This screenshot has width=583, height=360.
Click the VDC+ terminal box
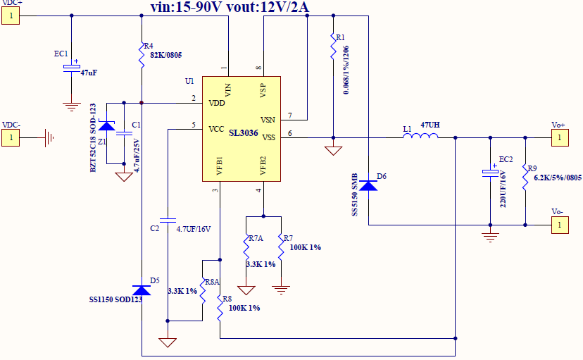click(11, 16)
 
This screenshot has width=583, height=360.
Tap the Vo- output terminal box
click(559, 225)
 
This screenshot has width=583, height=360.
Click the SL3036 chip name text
click(243, 131)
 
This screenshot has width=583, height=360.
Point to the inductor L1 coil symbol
click(420, 137)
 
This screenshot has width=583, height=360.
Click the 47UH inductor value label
click(431, 125)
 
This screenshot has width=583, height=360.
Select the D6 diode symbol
click(368, 185)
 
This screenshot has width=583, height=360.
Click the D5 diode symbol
click(142, 290)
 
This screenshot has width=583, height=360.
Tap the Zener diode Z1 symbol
click(106, 126)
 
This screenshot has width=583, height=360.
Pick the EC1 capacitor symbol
click(71, 67)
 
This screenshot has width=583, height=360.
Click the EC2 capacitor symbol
click(490, 172)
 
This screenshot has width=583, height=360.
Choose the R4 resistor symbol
click(142, 51)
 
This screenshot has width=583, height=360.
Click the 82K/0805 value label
click(163, 55)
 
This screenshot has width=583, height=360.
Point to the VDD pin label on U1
click(216, 103)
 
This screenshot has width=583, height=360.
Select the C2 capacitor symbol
click(168, 218)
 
